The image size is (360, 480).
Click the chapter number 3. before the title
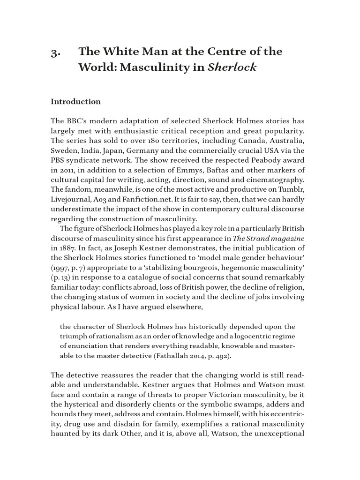[54, 52]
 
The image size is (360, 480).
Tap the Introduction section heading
[75, 102]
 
